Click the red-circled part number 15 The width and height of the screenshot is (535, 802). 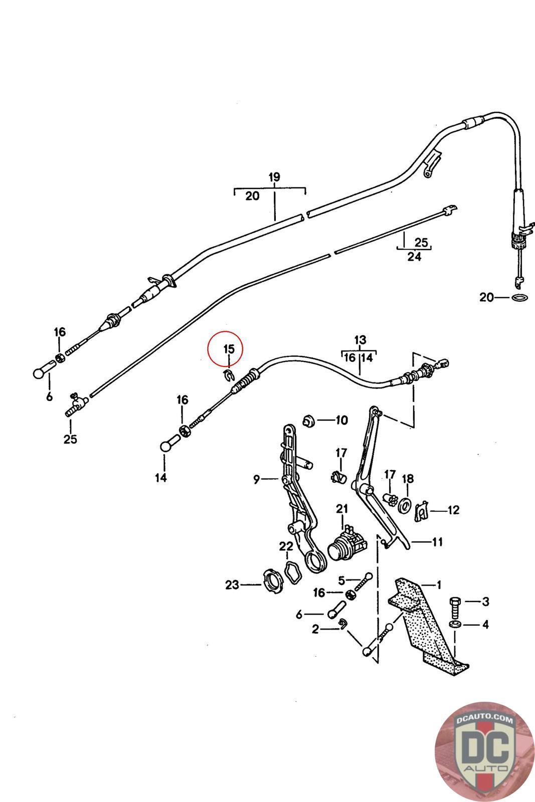(229, 348)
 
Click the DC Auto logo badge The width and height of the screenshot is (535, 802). (484, 751)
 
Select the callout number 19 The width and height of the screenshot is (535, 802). (274, 177)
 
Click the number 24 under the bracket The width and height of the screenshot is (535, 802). (414, 257)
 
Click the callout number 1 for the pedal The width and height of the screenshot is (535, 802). (439, 584)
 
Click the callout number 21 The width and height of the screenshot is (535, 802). (342, 509)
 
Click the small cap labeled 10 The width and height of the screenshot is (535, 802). (309, 420)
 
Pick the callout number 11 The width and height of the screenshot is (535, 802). (437, 542)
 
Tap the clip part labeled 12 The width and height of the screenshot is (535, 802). (422, 511)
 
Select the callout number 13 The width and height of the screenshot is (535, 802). (360, 340)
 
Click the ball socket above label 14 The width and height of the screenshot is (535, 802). (167, 446)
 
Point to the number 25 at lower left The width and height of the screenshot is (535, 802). (70, 439)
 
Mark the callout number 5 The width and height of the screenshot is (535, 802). (341, 580)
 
